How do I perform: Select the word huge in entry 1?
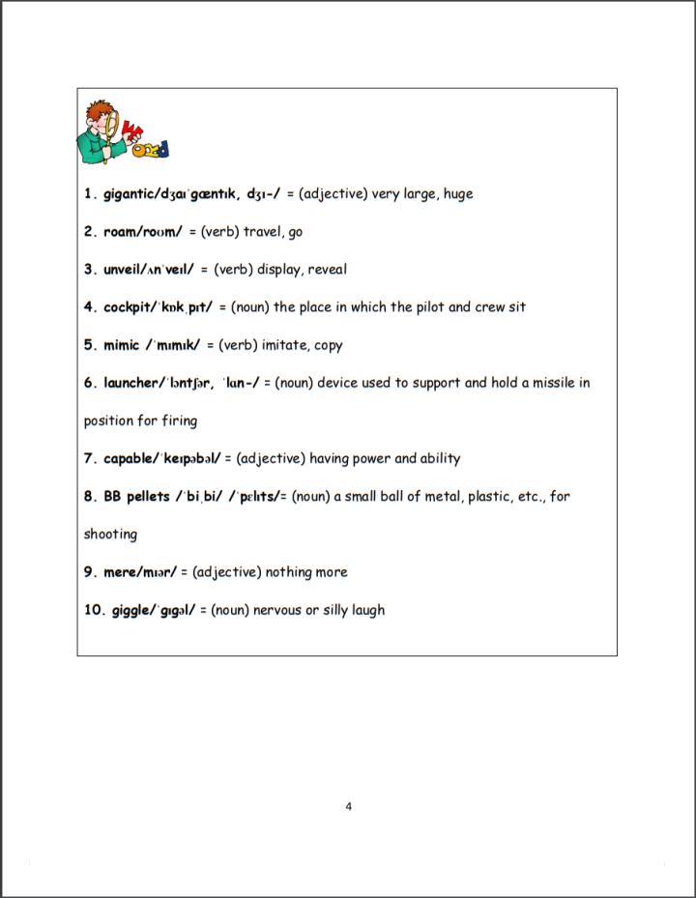tap(458, 193)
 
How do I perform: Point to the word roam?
tap(121, 232)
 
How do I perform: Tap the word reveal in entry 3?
tap(327, 270)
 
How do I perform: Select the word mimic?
tap(124, 345)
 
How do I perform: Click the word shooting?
tap(110, 535)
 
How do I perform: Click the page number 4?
tap(348, 806)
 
